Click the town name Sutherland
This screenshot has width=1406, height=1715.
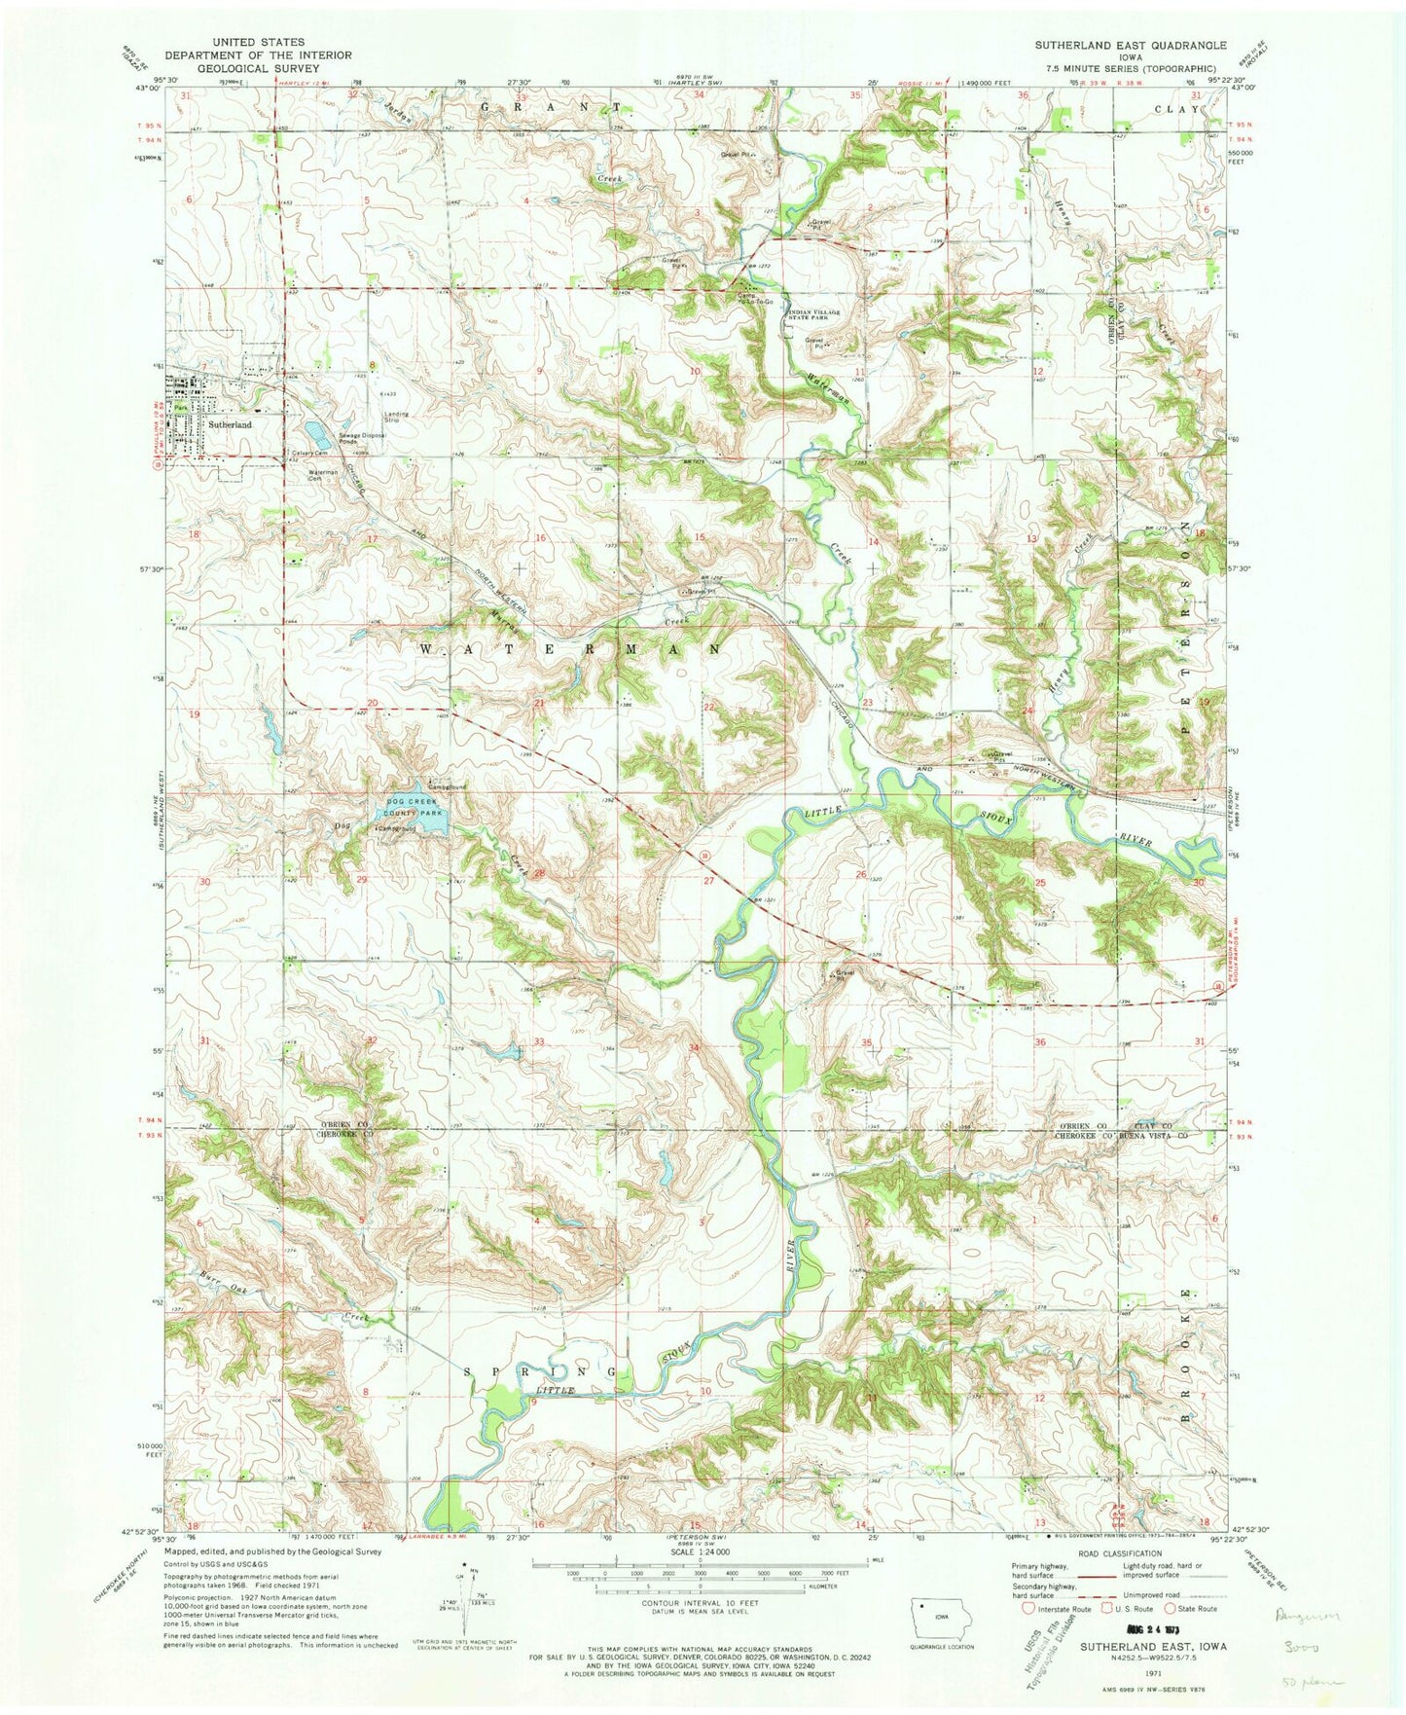(228, 425)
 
